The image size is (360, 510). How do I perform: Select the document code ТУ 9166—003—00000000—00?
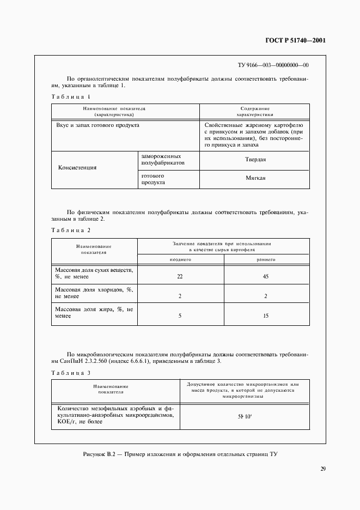click(x=273, y=65)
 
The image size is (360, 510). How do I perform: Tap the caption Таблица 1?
click(x=71, y=96)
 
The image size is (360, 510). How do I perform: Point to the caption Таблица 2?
click(x=71, y=230)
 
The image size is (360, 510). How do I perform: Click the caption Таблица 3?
click(x=71, y=373)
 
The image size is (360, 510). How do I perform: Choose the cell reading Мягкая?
click(x=255, y=179)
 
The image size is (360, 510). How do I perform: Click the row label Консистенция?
click(x=77, y=168)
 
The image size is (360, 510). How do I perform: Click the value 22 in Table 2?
click(x=180, y=277)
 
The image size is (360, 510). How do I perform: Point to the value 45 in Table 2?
click(x=266, y=277)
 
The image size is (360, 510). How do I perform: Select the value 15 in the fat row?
click(x=266, y=315)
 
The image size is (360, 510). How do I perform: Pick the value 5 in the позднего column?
click(x=180, y=315)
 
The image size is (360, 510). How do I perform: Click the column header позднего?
click(x=180, y=260)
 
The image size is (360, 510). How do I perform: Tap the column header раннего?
click(x=266, y=260)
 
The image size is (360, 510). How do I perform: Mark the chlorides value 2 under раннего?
click(x=266, y=296)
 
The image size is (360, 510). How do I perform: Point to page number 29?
click(x=322, y=469)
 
